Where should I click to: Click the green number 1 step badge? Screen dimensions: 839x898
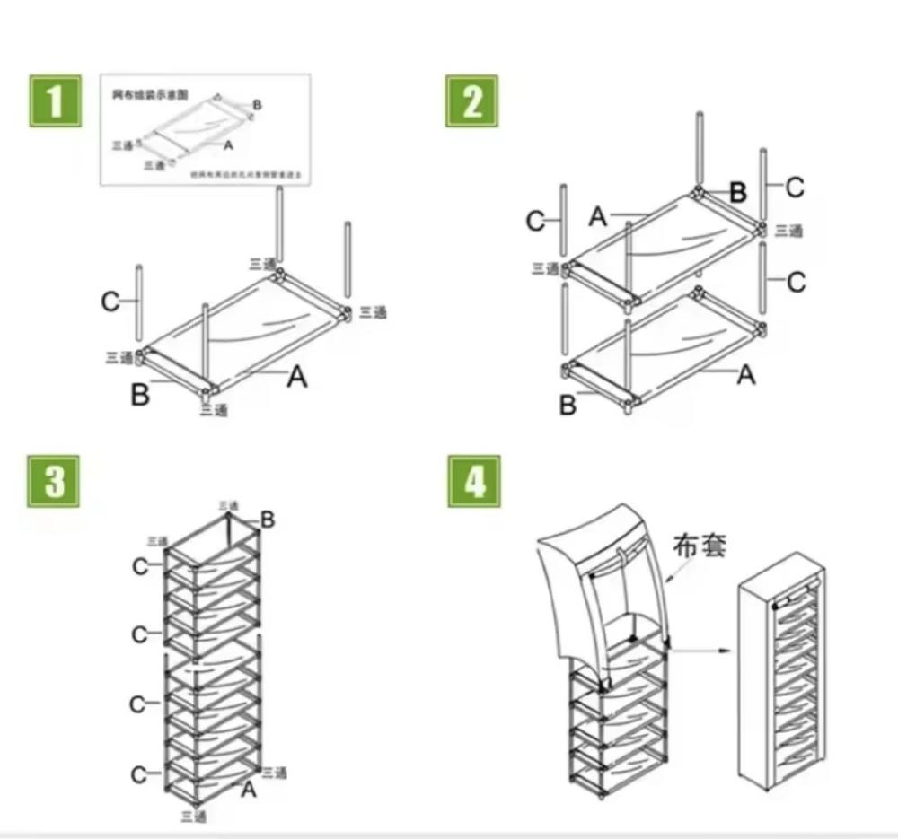click(x=56, y=101)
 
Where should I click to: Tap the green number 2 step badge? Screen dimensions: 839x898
click(x=472, y=101)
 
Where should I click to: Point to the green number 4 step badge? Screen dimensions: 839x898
click(x=474, y=482)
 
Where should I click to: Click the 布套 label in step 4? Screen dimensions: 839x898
click(x=700, y=545)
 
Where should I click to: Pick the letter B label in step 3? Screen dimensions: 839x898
click(x=268, y=519)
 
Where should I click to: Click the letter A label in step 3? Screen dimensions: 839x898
click(x=249, y=789)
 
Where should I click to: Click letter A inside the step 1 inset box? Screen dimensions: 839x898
click(x=228, y=144)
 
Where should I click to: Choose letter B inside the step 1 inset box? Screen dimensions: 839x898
click(x=258, y=106)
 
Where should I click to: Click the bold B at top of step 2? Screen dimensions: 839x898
click(x=737, y=192)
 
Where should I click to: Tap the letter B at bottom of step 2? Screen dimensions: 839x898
click(x=568, y=406)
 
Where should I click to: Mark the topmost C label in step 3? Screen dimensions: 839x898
click(x=140, y=566)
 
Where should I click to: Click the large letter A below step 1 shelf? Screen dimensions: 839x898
click(x=296, y=379)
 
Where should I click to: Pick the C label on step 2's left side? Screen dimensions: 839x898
click(x=535, y=221)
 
